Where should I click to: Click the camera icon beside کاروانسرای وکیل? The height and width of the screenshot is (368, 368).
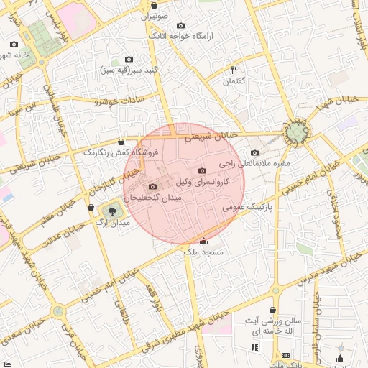[202, 171]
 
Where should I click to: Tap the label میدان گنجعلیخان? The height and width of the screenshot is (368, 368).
[152, 197]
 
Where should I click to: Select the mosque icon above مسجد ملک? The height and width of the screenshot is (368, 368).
[205, 241]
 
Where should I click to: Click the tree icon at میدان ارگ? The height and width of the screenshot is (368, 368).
[111, 211]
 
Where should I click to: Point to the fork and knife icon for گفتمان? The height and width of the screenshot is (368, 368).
[234, 70]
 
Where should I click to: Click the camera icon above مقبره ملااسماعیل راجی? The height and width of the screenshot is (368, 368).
[254, 152]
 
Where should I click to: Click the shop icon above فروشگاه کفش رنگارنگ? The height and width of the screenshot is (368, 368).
[120, 141]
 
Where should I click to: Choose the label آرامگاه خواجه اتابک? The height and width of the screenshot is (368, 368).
[178, 34]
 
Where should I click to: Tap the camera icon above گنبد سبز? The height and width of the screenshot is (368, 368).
[129, 59]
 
